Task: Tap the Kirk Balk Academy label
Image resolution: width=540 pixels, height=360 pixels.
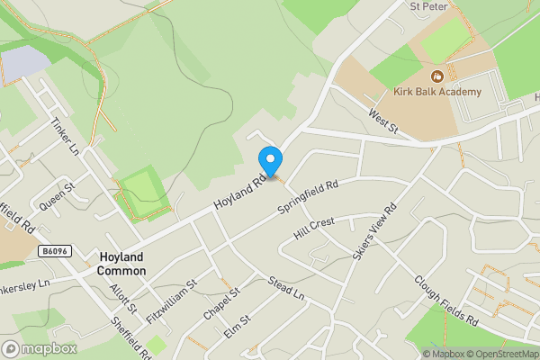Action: point(437,92)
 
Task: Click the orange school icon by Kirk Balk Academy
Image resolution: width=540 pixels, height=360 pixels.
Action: point(437,76)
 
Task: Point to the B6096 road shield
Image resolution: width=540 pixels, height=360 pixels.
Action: point(55,251)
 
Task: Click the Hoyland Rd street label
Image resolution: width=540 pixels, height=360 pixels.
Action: point(240,193)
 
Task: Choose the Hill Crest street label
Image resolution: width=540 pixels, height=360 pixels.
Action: point(313,229)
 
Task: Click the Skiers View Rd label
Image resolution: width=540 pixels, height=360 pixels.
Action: point(377,234)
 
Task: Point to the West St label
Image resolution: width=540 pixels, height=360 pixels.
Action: point(382,120)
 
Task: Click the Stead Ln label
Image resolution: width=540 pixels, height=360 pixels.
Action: point(287,290)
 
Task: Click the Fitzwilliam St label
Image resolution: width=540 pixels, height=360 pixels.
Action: point(172,296)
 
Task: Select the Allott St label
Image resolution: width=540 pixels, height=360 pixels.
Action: point(121,296)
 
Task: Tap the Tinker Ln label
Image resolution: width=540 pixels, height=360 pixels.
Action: point(65,135)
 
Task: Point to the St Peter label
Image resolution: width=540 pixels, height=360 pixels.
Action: point(428,5)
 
